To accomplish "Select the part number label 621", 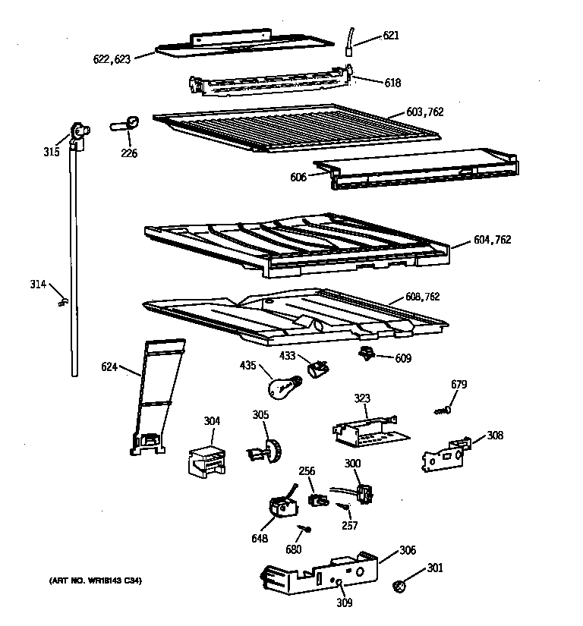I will [390, 36].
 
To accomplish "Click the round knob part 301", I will [399, 585].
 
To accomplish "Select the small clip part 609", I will [367, 354].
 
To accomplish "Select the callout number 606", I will [298, 178].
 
